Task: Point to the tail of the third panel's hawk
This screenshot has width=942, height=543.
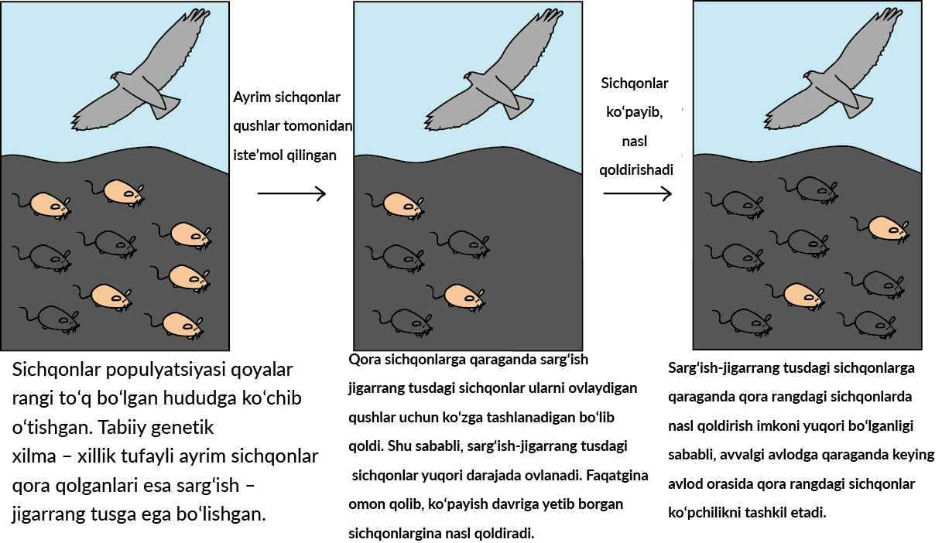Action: coord(857,105)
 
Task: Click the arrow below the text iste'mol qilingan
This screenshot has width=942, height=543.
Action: coord(292,193)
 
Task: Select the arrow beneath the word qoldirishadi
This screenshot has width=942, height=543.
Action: coord(638,193)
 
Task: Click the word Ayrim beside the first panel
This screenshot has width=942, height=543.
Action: coord(252,97)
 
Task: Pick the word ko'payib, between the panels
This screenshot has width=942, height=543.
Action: coord(634,113)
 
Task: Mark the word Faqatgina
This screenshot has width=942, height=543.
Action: coord(617,476)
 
